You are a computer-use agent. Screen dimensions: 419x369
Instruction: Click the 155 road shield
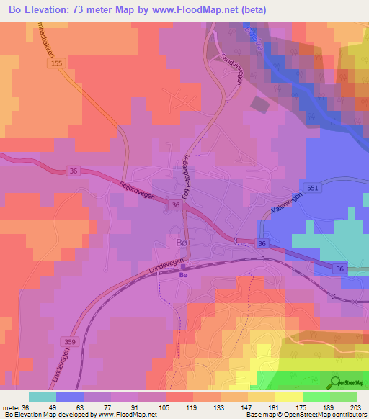[x=57, y=64]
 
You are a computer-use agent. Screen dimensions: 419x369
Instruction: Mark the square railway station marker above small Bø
[x=183, y=266]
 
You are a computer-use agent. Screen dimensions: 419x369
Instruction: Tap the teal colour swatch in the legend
[x=43, y=397]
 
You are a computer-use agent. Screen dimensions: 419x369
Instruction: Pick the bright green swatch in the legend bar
[x=317, y=397]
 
